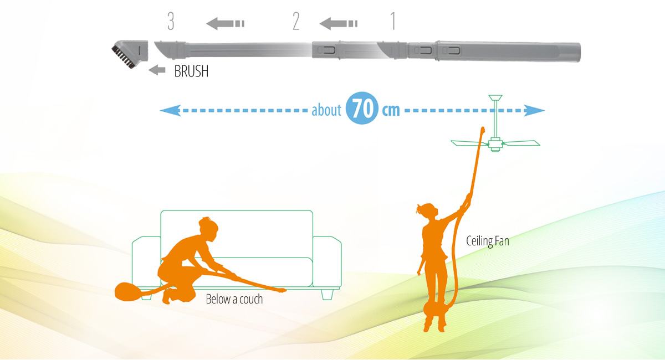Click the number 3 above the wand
pos(171,22)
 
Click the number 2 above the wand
pos(296,22)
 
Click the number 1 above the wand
pos(393,22)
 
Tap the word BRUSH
pos(191,71)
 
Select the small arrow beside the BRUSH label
pos(157,70)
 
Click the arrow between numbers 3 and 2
pos(225,23)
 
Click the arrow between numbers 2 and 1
pos(338,23)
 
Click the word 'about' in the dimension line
pos(326,110)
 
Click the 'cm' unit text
pos(391,110)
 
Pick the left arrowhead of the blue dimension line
pos(165,111)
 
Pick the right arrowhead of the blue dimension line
pos(540,111)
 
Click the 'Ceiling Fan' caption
pos(487,241)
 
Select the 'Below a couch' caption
pos(234,299)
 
